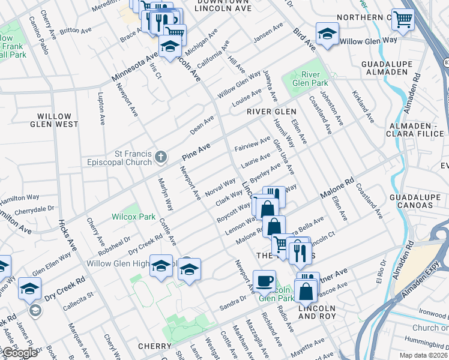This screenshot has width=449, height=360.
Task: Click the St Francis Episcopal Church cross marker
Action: click(160, 157)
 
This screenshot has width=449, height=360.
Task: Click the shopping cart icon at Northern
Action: click(403, 20)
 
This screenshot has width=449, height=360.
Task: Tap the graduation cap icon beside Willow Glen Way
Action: click(327, 34)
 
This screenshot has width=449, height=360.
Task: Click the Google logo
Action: click(19, 353)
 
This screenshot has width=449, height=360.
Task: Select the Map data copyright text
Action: click(423, 355)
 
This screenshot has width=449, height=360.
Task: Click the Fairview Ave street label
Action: click(250, 145)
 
